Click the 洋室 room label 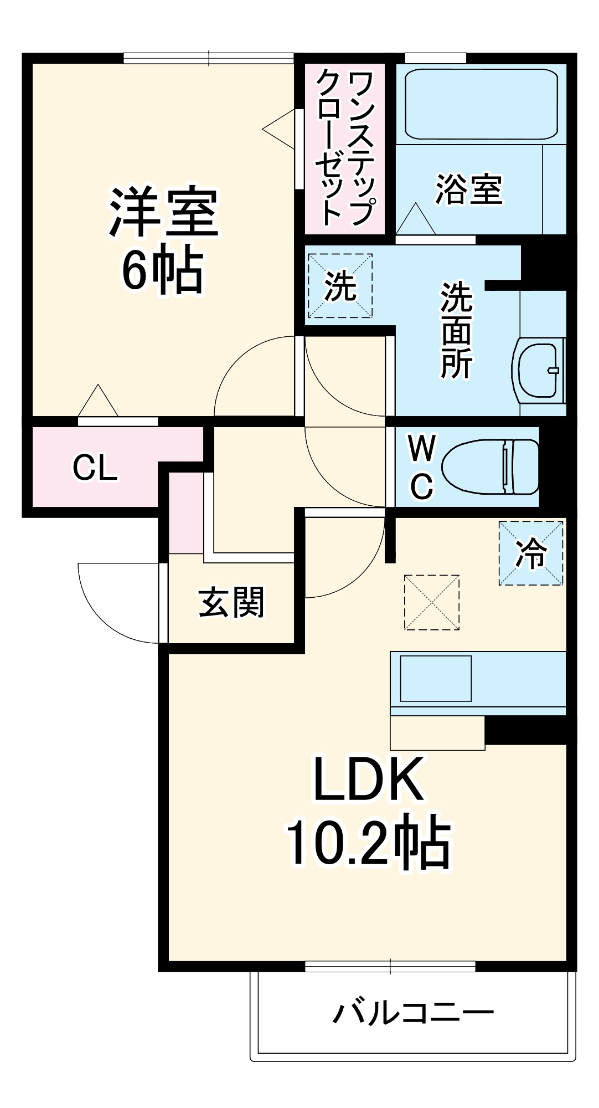[x=164, y=213]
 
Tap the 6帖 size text [x=162, y=271]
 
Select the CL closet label [x=95, y=468]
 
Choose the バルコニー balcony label [x=413, y=1013]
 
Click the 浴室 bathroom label [x=468, y=189]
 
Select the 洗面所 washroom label [x=456, y=330]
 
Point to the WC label [x=422, y=467]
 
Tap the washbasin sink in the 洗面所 [x=538, y=370]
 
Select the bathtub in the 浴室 [x=481, y=104]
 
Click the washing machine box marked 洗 [x=340, y=286]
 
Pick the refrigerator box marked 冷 [x=531, y=553]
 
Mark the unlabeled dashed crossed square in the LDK [x=432, y=602]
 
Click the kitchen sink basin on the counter [x=436, y=678]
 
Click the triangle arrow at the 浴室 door [x=415, y=219]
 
